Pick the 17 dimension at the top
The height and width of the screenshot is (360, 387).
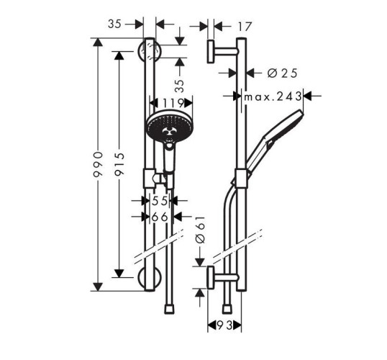[x=244, y=26]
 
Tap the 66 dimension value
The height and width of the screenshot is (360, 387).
[x=159, y=216]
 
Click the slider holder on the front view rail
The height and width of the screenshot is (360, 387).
[x=154, y=177]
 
